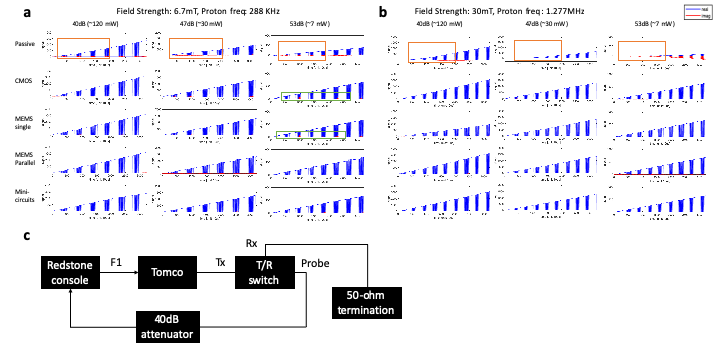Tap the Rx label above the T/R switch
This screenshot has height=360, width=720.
pos(253,242)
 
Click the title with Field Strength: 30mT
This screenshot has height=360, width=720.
pos(503,9)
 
